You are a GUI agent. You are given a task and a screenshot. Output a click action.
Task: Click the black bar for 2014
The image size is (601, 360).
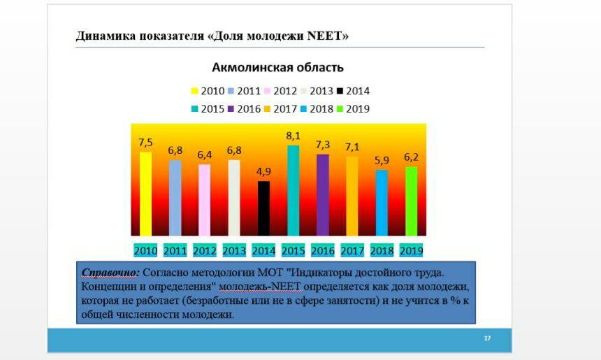click(x=263, y=208)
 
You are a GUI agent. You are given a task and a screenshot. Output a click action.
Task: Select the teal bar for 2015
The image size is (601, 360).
click(x=294, y=191)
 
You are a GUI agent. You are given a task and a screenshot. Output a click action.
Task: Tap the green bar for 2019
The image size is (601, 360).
click(x=412, y=201)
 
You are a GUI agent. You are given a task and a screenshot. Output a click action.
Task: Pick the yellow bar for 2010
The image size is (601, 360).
click(x=145, y=194)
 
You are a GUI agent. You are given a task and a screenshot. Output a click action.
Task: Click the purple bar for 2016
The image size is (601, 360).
click(x=323, y=195)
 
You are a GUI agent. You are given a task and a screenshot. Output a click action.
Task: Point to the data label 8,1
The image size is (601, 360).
click(x=294, y=136)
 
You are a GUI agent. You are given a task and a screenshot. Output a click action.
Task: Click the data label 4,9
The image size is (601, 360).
click(x=263, y=172)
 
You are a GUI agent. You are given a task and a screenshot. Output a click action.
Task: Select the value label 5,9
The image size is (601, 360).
click(x=382, y=160)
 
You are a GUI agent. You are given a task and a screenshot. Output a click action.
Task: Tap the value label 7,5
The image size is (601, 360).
click(x=145, y=143)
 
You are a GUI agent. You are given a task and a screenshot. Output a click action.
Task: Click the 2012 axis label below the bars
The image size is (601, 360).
click(x=205, y=251)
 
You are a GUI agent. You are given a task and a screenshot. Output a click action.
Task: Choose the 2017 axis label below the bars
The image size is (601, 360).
click(x=352, y=251)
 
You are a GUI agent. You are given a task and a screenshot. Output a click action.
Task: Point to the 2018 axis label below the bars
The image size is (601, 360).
click(x=382, y=251)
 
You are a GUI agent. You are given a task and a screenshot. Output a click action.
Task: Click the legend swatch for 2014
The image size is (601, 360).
click(x=340, y=92)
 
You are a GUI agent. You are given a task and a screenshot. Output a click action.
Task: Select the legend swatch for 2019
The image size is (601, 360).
click(x=340, y=109)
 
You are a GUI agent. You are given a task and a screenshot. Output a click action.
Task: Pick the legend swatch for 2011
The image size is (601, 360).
click(x=231, y=92)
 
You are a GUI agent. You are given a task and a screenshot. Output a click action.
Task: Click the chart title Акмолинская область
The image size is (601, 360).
click(x=278, y=68)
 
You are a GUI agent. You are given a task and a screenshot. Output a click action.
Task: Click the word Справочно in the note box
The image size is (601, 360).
click(x=109, y=273)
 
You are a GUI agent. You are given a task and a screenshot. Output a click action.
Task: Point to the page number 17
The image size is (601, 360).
click(x=487, y=338)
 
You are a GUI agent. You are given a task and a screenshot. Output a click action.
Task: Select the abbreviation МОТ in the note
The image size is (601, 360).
click(x=270, y=273)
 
